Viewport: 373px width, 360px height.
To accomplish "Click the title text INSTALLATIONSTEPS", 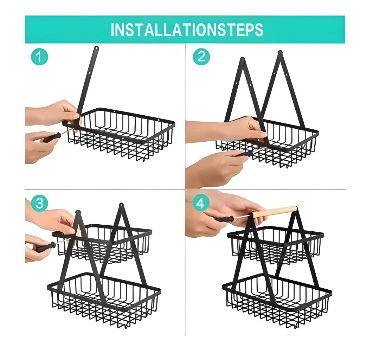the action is click(x=187, y=30).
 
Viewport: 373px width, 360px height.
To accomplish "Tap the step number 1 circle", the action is click(x=39, y=57).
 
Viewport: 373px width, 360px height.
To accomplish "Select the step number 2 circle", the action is click(x=201, y=57).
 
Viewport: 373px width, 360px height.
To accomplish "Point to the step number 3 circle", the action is click(x=39, y=203).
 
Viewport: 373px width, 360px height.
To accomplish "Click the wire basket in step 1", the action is click(x=120, y=134).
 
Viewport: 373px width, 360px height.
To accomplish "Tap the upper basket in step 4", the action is click(x=275, y=245).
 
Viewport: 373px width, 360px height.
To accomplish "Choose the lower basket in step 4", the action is click(x=277, y=301).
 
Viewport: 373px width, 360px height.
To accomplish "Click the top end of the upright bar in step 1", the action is click(x=96, y=47).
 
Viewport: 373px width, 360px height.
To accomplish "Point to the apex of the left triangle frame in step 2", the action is click(x=243, y=59).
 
